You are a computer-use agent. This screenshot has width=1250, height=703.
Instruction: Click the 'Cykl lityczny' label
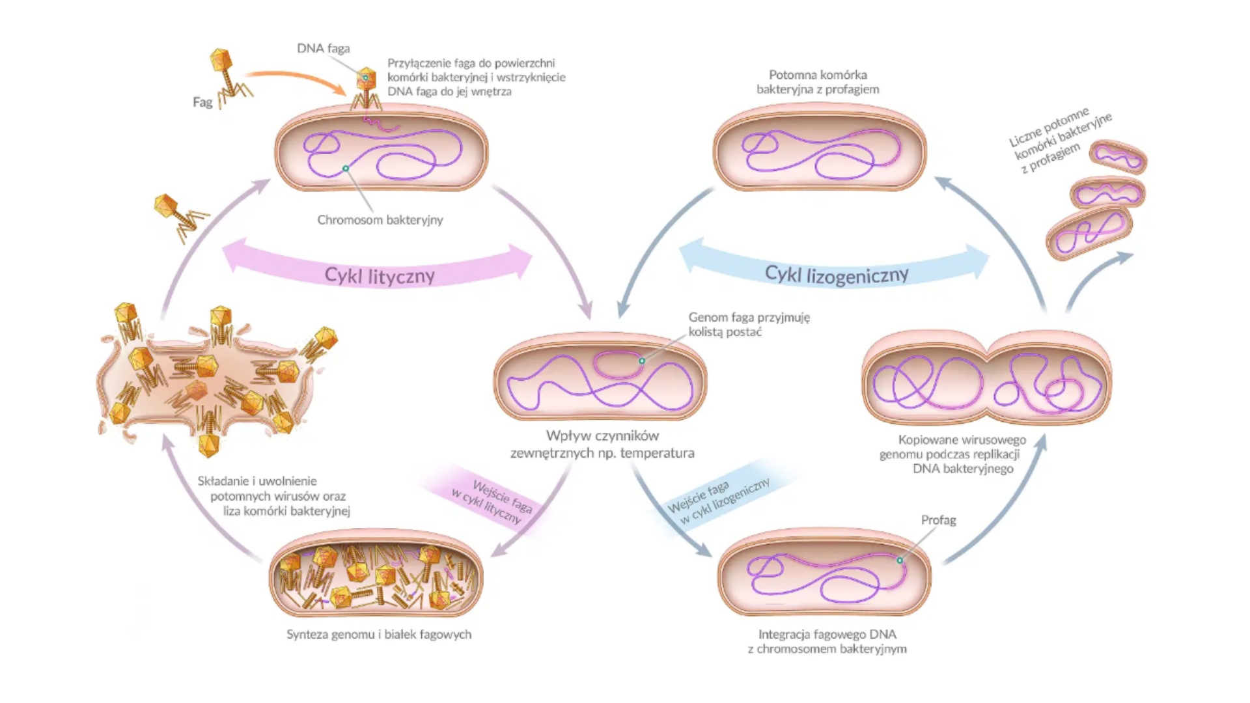[x=380, y=276]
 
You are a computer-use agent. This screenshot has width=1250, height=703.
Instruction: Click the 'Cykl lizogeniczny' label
[x=836, y=275]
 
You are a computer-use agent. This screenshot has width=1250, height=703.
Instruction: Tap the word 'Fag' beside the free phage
[x=202, y=102]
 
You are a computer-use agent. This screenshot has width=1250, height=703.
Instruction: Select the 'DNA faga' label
[x=323, y=48]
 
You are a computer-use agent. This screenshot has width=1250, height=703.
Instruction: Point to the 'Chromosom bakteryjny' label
[x=380, y=220]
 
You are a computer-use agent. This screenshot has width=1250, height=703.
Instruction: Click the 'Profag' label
[x=938, y=520]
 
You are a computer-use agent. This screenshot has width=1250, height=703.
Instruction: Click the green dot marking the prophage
[x=900, y=560]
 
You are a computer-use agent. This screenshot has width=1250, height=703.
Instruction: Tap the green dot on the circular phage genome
[x=642, y=361]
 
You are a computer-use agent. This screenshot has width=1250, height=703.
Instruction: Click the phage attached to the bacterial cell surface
[x=367, y=88]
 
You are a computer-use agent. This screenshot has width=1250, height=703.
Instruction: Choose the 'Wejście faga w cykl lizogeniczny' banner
[x=719, y=501]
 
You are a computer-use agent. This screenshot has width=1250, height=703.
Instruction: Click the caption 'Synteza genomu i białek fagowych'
[x=379, y=635]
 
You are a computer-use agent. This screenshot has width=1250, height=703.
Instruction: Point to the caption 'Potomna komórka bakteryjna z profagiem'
[x=818, y=82]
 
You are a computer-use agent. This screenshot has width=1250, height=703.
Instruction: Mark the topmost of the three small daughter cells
[x=1118, y=157]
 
